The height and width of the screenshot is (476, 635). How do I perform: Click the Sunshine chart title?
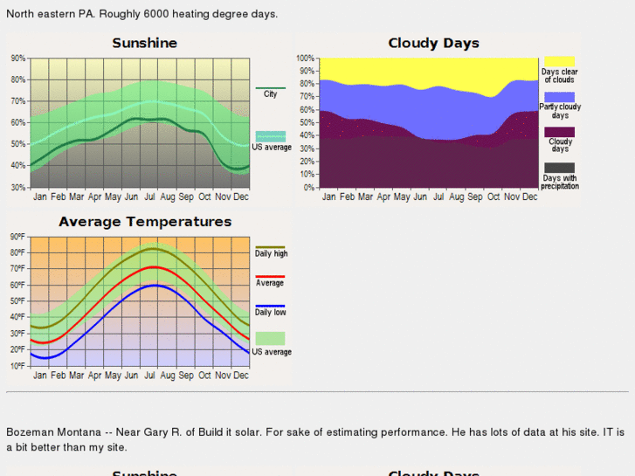click(144, 43)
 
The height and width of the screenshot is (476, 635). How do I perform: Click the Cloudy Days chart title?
click(433, 43)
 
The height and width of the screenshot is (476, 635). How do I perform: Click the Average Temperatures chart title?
click(145, 222)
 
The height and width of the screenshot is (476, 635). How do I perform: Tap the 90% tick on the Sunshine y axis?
click(18, 59)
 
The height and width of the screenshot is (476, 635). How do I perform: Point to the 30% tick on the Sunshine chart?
click(18, 188)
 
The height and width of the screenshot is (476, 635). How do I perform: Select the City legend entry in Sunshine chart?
click(270, 93)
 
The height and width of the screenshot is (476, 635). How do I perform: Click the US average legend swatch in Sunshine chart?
click(271, 136)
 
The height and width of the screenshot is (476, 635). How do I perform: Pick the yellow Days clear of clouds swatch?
click(559, 61)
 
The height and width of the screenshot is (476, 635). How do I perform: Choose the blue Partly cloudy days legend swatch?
click(559, 97)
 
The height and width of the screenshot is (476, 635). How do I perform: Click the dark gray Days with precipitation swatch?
click(559, 168)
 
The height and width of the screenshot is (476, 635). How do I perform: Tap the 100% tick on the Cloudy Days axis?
click(305, 59)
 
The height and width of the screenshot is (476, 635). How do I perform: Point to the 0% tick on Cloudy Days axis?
click(307, 188)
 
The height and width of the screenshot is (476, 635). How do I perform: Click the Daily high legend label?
click(271, 253)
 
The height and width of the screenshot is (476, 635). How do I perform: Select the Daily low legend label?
click(271, 312)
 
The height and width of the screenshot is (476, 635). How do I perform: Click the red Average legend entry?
click(270, 283)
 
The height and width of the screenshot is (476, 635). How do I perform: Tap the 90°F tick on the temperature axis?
click(17, 237)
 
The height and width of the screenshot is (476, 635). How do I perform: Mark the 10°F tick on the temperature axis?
click(17, 366)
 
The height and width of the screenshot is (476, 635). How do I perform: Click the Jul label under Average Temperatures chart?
click(149, 376)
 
